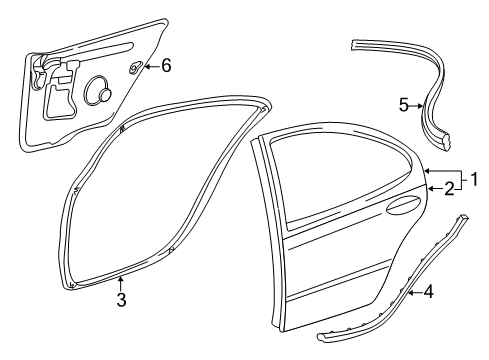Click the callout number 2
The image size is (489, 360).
[x=451, y=187]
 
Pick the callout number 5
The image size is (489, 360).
[x=405, y=104]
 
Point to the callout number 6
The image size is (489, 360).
[x=166, y=66]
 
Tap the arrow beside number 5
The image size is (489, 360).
[x=419, y=104]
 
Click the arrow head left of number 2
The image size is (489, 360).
[x=431, y=187]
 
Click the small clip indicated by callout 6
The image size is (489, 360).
[x=134, y=68]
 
